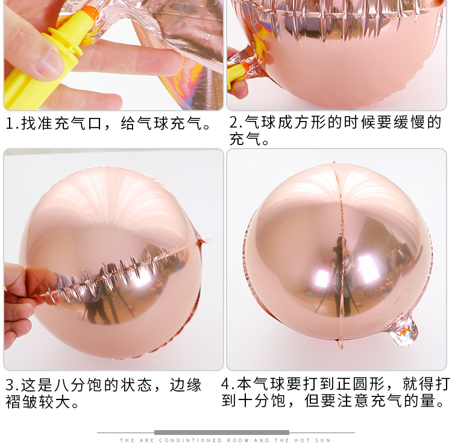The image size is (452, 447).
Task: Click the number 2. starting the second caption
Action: [234, 123]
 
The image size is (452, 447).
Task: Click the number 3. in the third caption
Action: [12, 385]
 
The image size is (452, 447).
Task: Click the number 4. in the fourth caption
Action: [227, 384]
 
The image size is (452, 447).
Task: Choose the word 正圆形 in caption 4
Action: [367, 384]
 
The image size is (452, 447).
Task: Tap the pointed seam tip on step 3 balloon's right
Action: [204, 241]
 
